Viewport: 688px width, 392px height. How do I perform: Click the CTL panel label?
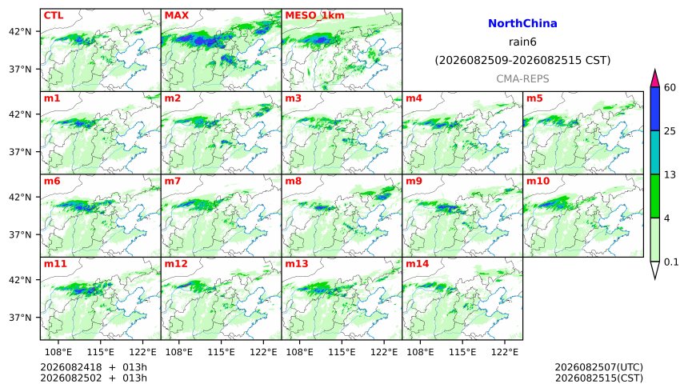tap(54, 15)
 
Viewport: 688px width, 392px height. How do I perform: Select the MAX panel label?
tap(176, 15)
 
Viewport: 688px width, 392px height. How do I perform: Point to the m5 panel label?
tap(534, 98)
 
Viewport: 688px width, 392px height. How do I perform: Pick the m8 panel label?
tap(293, 181)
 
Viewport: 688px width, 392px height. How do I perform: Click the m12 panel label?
tap(176, 264)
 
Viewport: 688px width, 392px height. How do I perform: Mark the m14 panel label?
tap(418, 264)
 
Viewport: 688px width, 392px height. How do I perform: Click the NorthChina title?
tap(522, 24)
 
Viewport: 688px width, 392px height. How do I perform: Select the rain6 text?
tap(522, 42)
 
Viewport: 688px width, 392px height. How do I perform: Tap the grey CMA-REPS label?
tap(522, 78)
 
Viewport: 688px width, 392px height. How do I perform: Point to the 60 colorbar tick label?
tap(670, 87)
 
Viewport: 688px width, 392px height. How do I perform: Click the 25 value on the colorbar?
tap(670, 131)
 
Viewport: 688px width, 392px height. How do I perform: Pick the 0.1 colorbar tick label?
tap(671, 262)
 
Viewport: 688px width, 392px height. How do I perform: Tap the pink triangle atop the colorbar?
tap(655, 79)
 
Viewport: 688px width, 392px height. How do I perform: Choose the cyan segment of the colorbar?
tap(655, 152)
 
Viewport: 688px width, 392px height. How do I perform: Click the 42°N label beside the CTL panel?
tap(21, 32)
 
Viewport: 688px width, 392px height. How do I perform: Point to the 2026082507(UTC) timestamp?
tap(599, 367)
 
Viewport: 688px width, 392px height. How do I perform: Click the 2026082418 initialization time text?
tap(71, 367)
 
